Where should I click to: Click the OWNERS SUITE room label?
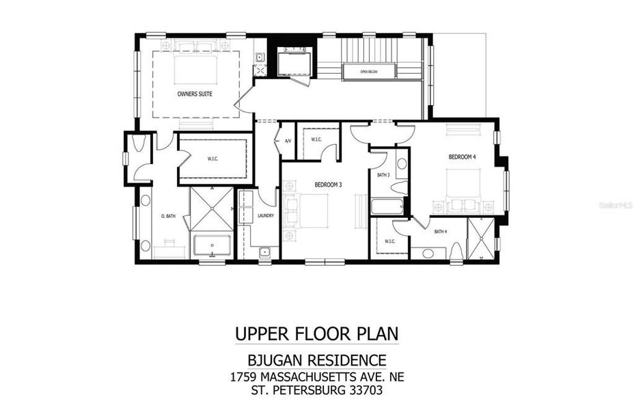point(194,94)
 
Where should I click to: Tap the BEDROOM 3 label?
point(328,184)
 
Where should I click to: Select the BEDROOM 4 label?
point(462,157)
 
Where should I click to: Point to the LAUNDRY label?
point(266,216)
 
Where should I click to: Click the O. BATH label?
point(168,217)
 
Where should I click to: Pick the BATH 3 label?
point(383,175)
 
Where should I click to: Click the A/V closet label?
point(287,141)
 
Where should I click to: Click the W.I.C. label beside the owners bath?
point(212,159)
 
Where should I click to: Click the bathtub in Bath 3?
point(387,205)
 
